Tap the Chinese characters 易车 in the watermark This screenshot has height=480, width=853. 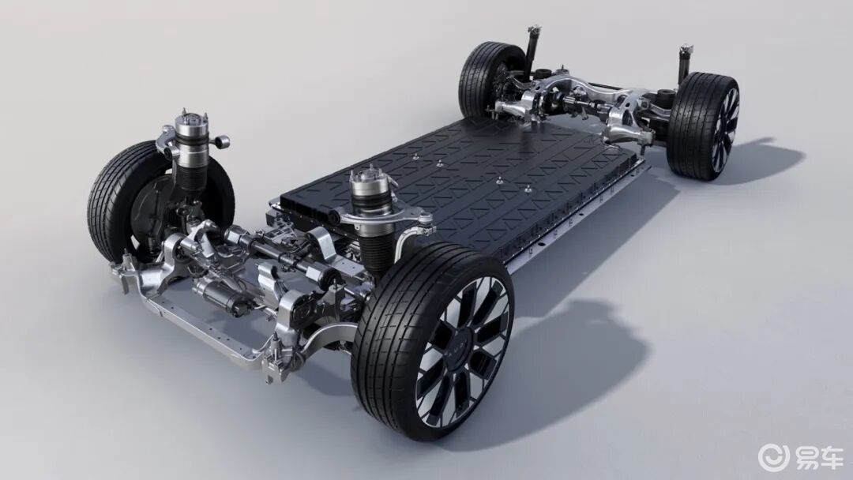pos(819,456)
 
